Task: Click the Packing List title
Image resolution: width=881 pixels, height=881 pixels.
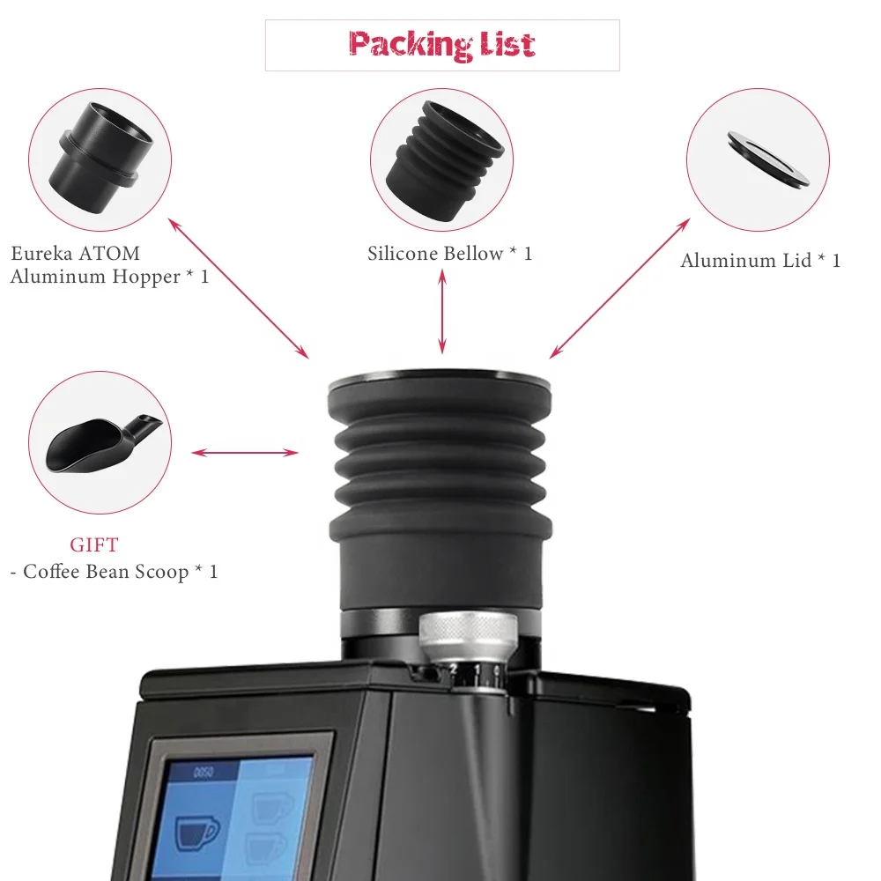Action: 441,44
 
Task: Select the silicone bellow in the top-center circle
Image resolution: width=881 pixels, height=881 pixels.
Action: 440,159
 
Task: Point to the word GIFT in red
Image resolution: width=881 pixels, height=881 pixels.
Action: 93,544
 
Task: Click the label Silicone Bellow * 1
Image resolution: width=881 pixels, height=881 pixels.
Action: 450,254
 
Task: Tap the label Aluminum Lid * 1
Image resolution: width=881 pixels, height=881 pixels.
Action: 760,261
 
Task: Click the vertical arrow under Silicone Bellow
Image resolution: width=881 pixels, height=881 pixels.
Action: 442,312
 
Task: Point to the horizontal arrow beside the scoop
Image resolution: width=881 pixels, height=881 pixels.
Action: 245,453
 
